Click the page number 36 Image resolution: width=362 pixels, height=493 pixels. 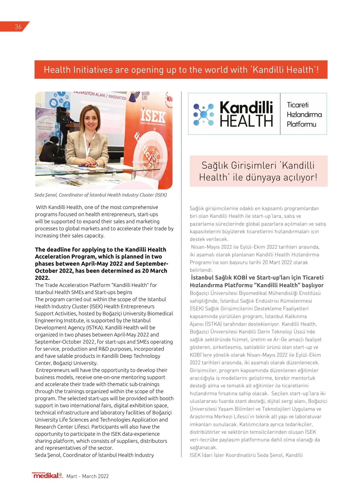tap(18, 27)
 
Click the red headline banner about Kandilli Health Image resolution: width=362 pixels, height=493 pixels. tap(181, 70)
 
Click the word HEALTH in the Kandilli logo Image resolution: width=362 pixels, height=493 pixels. tap(246, 121)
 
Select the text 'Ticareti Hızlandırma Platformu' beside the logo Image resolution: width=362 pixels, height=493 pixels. tap(304, 114)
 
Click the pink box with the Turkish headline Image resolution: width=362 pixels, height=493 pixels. tap(258, 171)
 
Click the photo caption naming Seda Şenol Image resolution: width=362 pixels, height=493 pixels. tap(101, 195)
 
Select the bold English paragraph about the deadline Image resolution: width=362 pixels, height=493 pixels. tap(101, 263)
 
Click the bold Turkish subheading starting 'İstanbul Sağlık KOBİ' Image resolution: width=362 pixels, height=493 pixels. tap(257, 281)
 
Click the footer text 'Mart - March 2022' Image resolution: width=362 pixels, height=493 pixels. tap(88, 476)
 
